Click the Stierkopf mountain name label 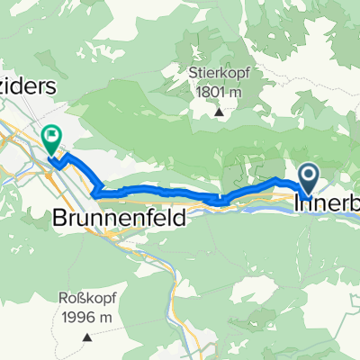coord(220,74)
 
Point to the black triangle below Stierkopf coord(220,113)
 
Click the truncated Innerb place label coord(328,204)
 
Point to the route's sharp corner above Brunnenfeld coord(94,190)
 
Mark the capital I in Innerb coord(300,204)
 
